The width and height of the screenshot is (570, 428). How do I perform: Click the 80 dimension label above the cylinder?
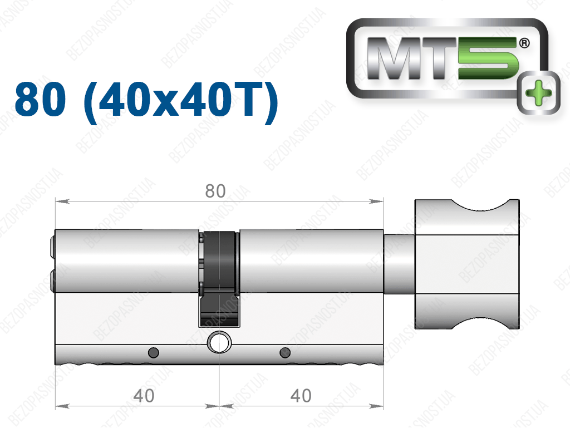[215, 191]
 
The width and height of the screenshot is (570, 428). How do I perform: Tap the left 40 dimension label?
[144, 396]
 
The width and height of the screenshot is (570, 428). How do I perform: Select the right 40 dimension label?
[301, 396]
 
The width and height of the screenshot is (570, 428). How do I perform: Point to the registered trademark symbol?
[524, 43]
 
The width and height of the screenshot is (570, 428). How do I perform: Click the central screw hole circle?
[219, 342]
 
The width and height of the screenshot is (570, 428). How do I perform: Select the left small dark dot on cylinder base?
[154, 352]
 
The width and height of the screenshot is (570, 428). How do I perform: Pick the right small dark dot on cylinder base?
[285, 352]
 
